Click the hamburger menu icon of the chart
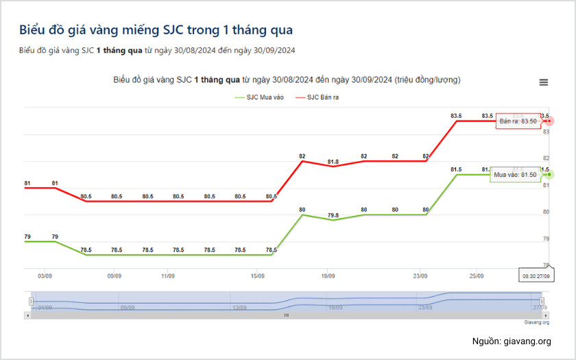point(544,82)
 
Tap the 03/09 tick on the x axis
point(45,276)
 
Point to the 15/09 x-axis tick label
point(258,276)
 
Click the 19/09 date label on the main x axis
point(328,276)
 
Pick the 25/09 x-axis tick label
point(476,276)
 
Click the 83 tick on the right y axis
point(547,131)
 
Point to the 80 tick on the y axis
point(547,211)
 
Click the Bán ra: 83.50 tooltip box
point(518,121)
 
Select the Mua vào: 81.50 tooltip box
point(515,175)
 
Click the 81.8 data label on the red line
point(333,162)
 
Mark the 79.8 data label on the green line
point(333,215)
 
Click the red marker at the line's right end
point(551,121)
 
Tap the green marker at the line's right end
point(551,174)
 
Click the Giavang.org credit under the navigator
point(537,322)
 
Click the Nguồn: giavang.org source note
point(511,341)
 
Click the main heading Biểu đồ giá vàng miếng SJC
point(156,30)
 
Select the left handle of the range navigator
point(31,301)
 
